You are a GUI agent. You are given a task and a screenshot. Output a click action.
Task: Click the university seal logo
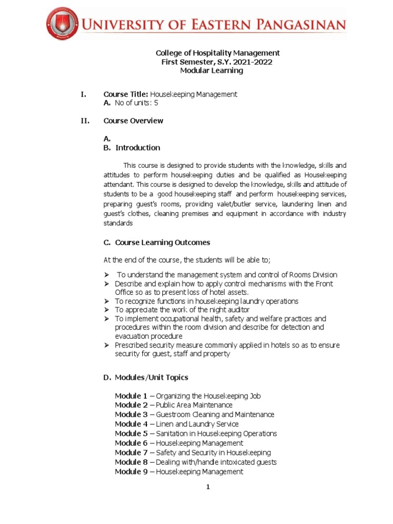click(62, 24)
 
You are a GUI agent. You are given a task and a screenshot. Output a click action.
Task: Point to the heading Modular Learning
click(211, 71)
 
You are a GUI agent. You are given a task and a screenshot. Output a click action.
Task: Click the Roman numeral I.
click(83, 94)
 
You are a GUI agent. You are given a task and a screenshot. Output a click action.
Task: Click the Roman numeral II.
click(84, 121)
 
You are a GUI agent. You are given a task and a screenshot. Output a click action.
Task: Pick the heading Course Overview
click(133, 121)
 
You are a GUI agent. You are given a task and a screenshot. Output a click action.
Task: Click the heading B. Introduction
click(132, 148)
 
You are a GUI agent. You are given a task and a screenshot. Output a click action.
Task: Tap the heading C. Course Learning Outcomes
click(157, 243)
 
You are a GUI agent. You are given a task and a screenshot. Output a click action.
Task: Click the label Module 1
click(131, 396)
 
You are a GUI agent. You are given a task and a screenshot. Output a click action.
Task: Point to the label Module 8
click(131, 462)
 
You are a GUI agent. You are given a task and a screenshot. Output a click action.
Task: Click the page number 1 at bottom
click(208, 487)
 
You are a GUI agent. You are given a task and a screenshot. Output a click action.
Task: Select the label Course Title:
click(126, 94)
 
